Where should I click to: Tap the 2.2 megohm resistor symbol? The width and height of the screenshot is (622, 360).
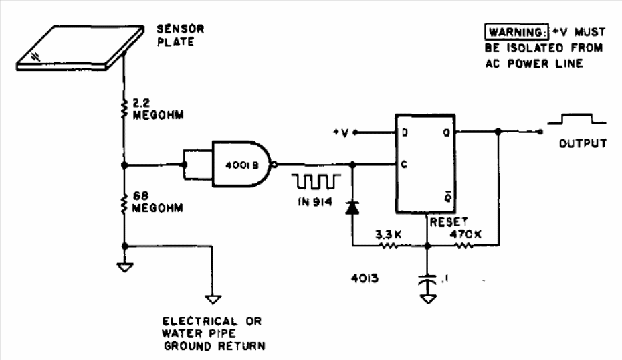124,110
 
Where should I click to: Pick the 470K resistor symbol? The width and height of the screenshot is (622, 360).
462,246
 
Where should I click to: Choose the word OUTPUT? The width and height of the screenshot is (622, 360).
584,143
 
